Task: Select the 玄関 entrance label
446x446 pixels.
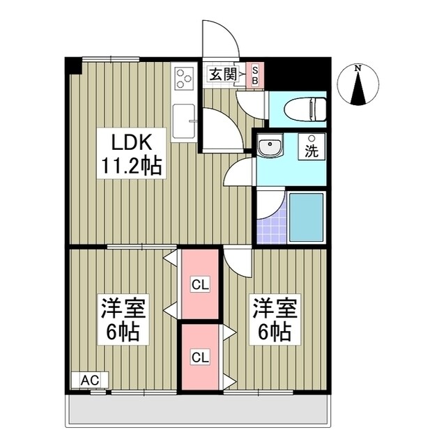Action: (x=222, y=73)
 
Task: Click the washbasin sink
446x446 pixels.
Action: (x=268, y=148)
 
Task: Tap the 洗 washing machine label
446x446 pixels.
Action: (x=312, y=151)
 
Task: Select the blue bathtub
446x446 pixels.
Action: (x=306, y=217)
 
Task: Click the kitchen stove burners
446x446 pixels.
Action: (x=184, y=79)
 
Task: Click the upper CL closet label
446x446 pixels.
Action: (x=200, y=284)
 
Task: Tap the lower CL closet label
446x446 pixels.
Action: (x=200, y=357)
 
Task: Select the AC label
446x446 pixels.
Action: (x=89, y=380)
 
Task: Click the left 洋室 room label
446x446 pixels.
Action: (x=120, y=307)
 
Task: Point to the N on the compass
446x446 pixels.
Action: (x=357, y=68)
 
